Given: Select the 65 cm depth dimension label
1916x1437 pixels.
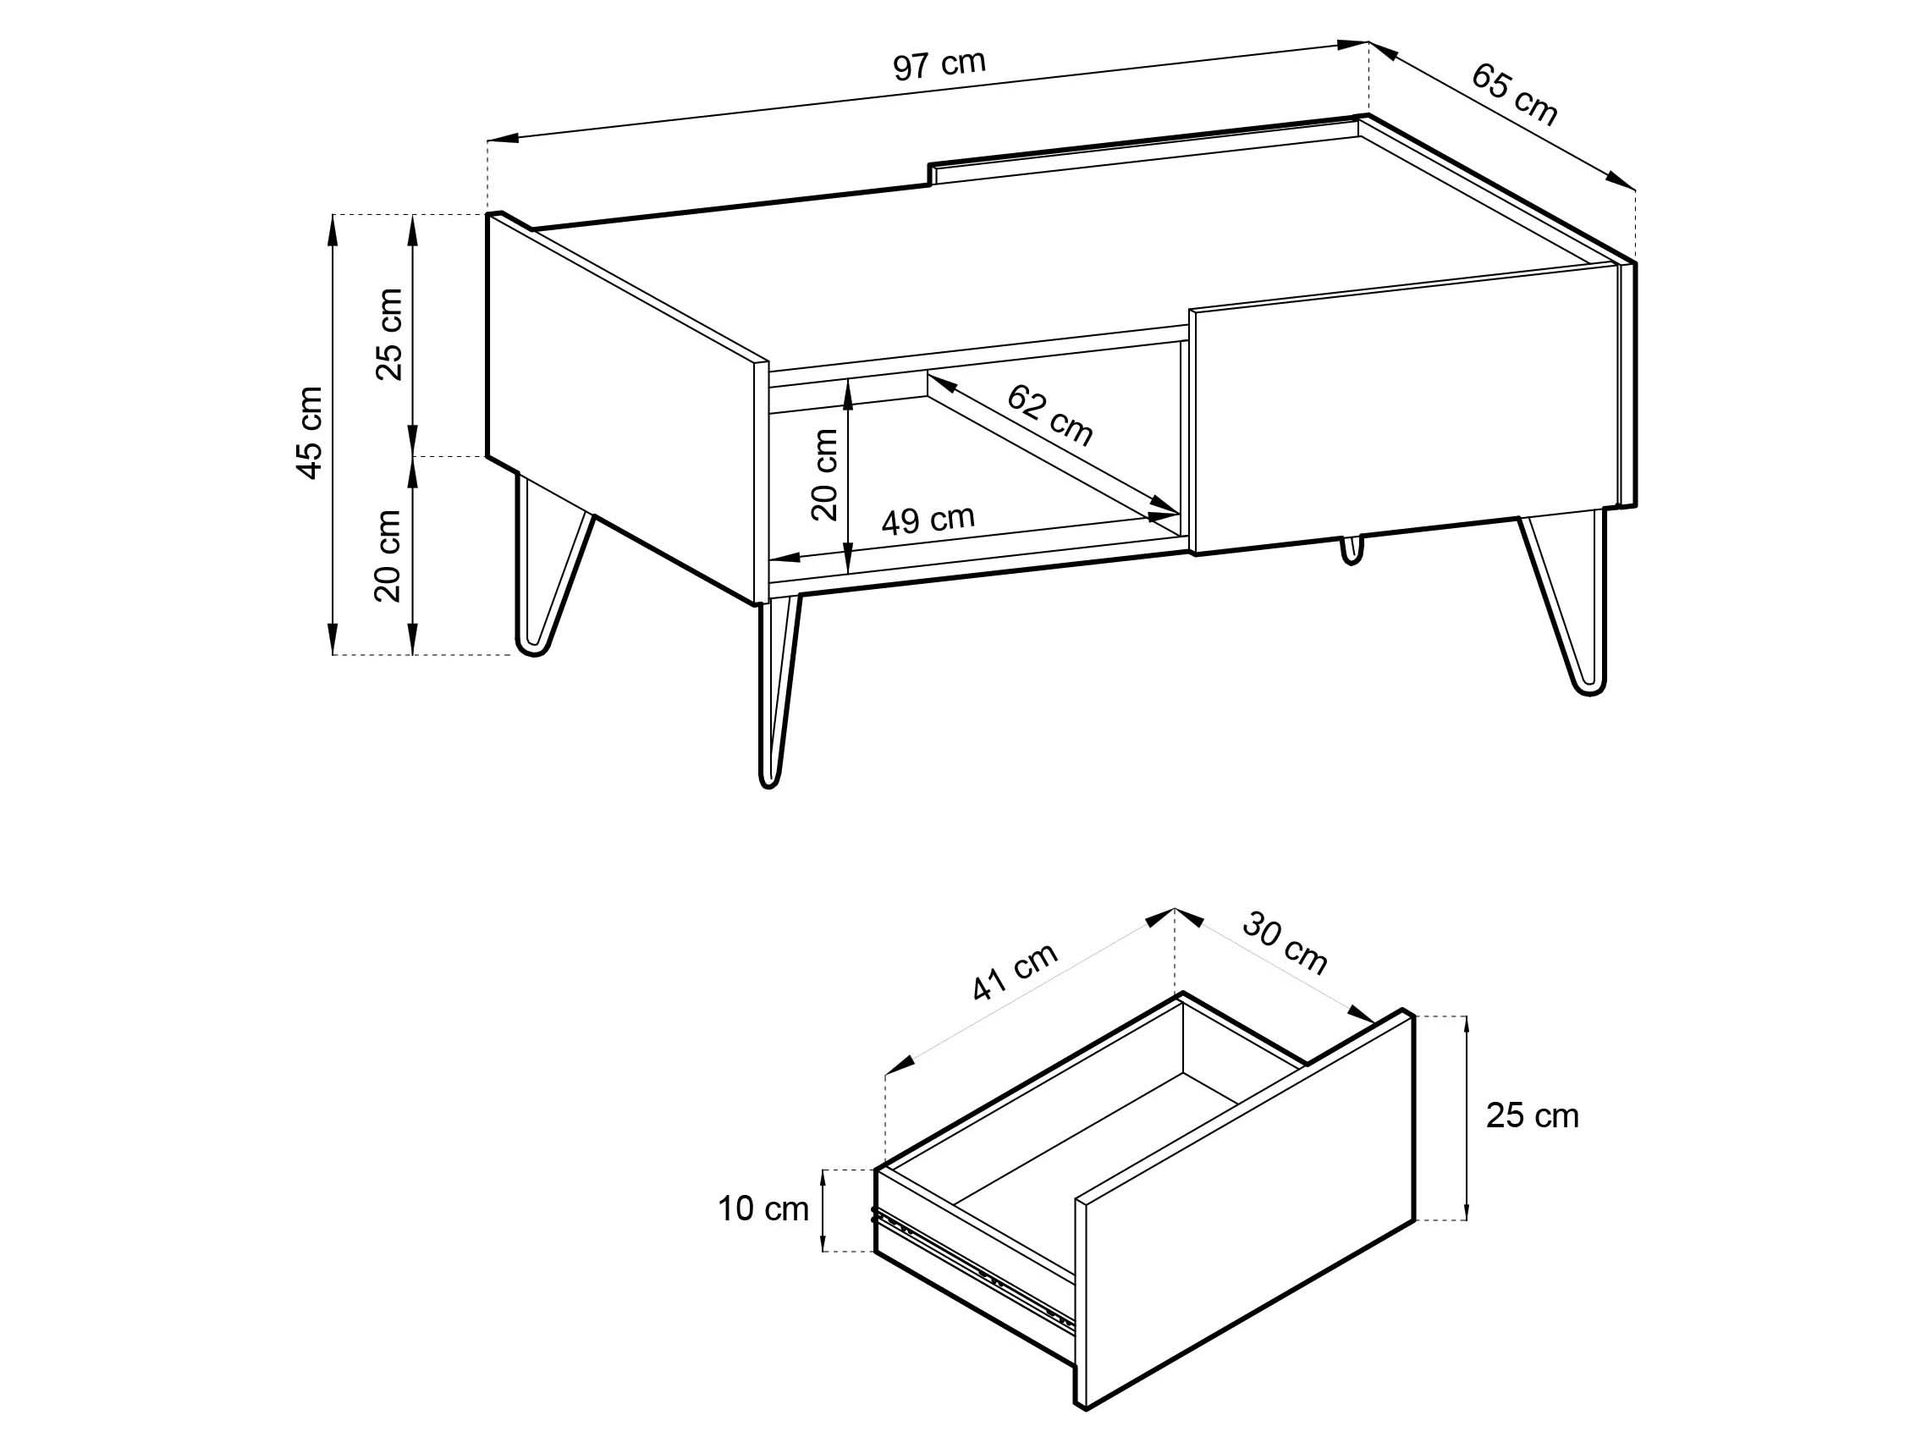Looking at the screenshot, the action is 1514,96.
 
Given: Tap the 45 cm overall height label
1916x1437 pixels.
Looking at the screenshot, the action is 309,432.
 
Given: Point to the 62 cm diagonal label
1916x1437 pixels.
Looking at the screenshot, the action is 1049,415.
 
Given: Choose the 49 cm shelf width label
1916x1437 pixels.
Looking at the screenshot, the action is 928,520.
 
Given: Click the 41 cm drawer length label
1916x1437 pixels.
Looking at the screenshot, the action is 1015,971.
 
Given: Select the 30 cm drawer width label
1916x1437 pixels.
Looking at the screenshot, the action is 1285,944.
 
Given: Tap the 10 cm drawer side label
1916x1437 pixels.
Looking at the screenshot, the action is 763,1209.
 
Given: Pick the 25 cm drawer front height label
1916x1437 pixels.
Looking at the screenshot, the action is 1533,1115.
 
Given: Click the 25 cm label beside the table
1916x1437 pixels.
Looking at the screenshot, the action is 389,334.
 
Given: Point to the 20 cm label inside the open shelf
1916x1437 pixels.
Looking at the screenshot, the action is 824,475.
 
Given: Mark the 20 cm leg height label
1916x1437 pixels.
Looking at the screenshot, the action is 388,555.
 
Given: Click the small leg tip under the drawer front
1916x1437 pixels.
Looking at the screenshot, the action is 1352,549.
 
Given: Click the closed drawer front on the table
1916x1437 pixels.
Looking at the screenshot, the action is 1405,408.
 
